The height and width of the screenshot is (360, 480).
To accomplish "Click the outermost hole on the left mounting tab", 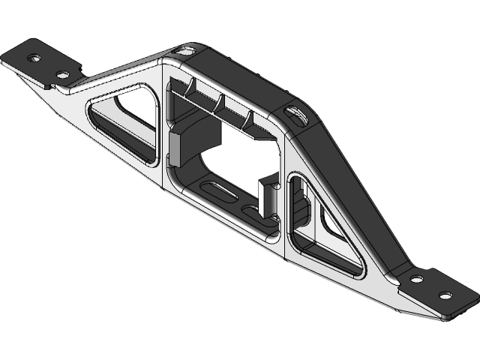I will pyautogui.click(x=34, y=57).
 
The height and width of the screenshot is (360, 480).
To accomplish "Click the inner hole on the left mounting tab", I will pyautogui.click(x=62, y=74).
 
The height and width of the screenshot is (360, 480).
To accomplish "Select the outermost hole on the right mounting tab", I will pyautogui.click(x=445, y=295).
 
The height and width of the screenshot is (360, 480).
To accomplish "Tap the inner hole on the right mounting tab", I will pyautogui.click(x=417, y=278).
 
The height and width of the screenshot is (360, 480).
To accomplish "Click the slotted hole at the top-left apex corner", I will pyautogui.click(x=184, y=50).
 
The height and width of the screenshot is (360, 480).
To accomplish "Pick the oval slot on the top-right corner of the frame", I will pyautogui.click(x=295, y=114).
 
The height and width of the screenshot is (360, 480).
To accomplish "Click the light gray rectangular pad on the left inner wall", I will pyautogui.click(x=177, y=148).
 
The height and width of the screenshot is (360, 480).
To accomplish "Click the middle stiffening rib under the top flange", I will pyautogui.click(x=220, y=103).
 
